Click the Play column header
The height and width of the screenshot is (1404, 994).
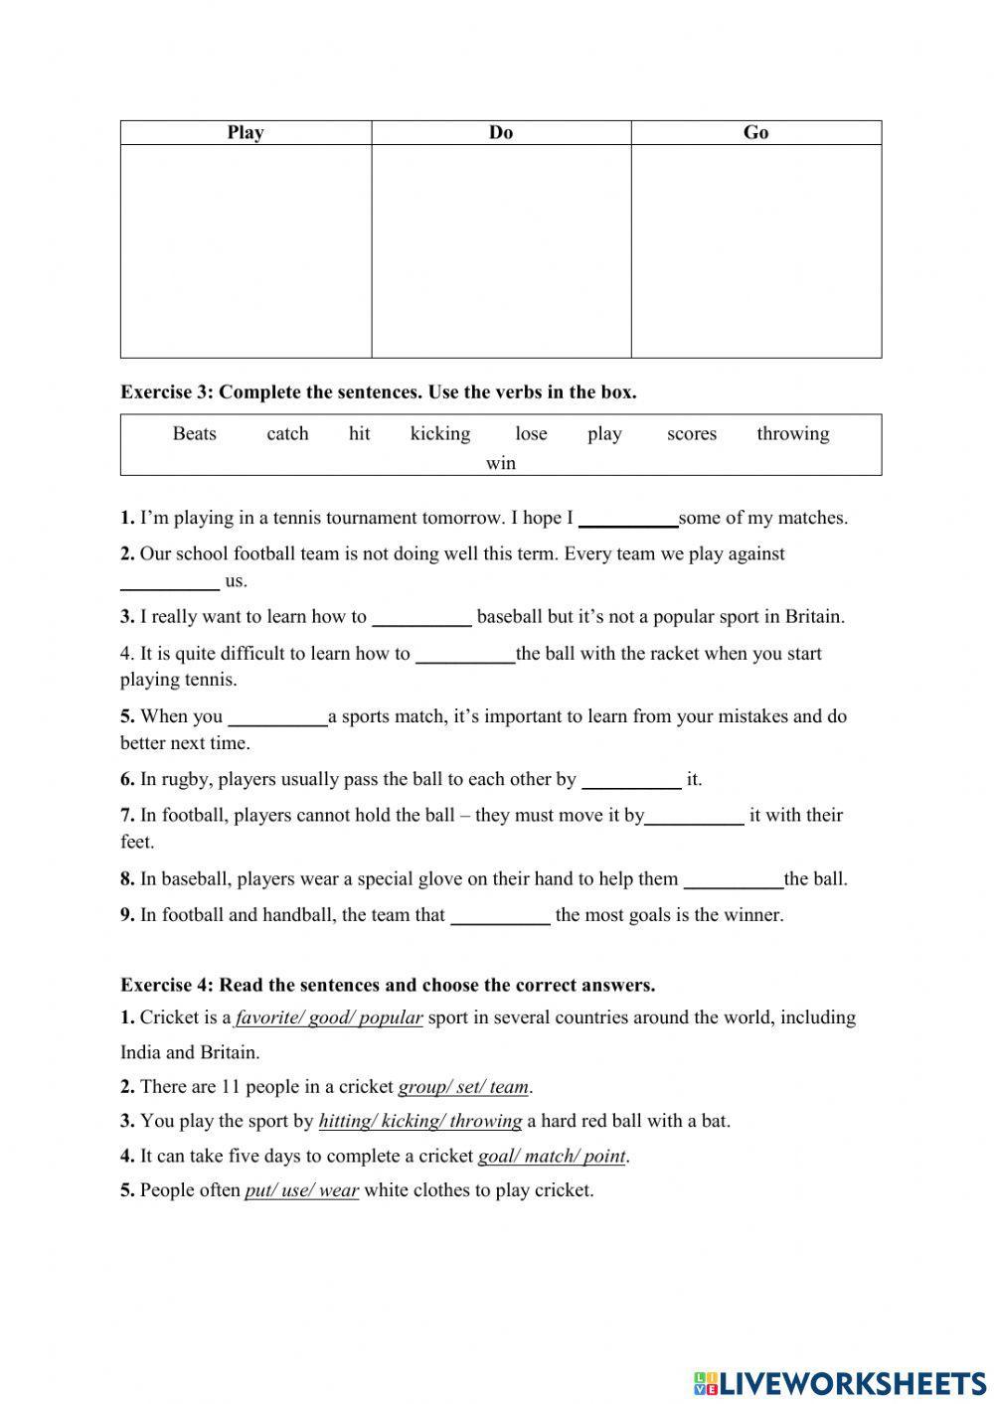246,133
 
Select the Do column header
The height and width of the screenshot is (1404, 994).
501,133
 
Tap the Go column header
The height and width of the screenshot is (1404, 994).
755,133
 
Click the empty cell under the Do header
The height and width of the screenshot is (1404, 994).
501,250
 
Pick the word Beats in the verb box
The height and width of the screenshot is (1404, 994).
194,433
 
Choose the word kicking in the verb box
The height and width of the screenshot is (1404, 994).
440,433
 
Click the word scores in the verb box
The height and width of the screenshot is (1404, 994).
692,433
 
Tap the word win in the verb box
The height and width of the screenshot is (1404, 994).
501,463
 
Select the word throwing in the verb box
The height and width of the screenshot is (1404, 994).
792,433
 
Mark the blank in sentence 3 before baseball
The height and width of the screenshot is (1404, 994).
421,618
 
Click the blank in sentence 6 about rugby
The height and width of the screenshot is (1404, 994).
631,781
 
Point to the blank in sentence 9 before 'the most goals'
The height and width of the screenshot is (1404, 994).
500,916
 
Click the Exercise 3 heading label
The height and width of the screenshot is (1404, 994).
378,392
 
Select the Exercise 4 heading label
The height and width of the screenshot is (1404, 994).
388,986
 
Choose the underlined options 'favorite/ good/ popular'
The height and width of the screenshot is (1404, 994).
329,1017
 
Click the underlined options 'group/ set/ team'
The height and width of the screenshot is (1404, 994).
463,1087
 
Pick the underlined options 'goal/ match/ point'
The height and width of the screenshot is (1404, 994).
552,1157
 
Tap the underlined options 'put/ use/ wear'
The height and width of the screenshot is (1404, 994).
301,1190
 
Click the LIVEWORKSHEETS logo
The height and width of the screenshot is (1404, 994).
840,1382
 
